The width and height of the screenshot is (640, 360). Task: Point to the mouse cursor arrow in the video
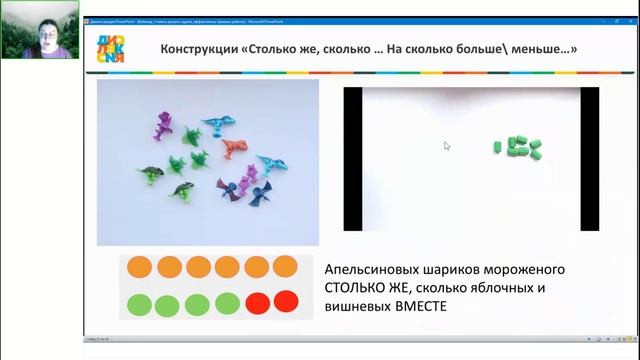click(447, 146)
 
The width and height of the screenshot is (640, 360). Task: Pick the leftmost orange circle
click(140, 267)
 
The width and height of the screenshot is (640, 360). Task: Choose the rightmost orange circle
click(285, 267)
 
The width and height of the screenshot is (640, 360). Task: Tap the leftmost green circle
click(140, 303)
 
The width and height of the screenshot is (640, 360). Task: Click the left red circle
click(258, 301)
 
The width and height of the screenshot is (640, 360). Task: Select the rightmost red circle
click(287, 300)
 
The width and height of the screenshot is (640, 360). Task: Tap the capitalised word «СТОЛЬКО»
click(354, 289)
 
